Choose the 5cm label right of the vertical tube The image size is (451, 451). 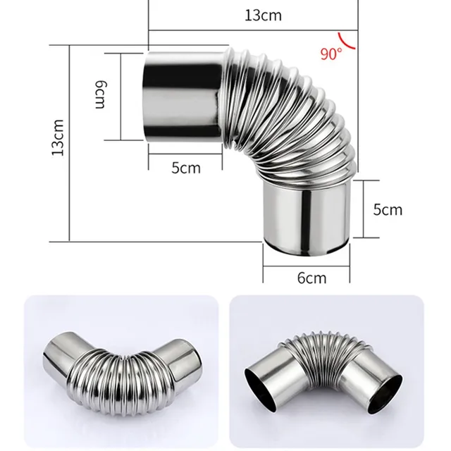click(x=388, y=209)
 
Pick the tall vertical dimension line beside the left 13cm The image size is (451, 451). click(x=70, y=141)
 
